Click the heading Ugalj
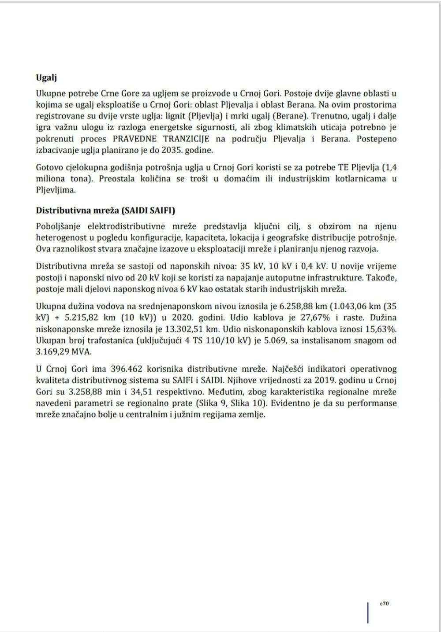(x=46, y=78)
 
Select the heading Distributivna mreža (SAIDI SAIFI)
(x=105, y=211)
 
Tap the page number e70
(x=384, y=604)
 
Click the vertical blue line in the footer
(x=368, y=613)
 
